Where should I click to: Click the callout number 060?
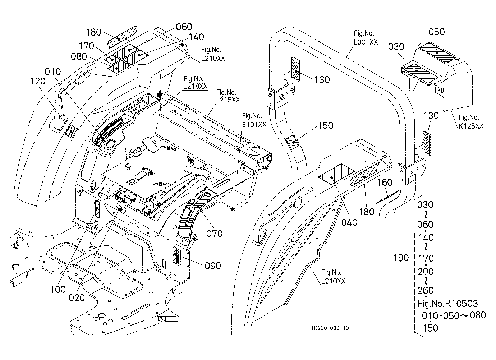[184, 27]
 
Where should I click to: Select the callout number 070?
[214, 234]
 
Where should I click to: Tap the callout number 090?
[213, 266]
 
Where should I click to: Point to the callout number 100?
[58, 289]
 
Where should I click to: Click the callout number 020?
[77, 298]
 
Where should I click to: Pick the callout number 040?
[349, 223]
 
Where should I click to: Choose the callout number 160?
[385, 183]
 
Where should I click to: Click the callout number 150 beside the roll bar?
[326, 125]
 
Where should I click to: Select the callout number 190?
[401, 258]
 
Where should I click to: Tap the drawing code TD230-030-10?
[330, 328]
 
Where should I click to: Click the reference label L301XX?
[366, 42]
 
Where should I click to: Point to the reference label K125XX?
[471, 126]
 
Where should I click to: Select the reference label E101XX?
[254, 125]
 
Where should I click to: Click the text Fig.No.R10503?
[447, 303]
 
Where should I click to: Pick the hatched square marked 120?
[71, 131]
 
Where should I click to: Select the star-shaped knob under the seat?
[120, 208]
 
